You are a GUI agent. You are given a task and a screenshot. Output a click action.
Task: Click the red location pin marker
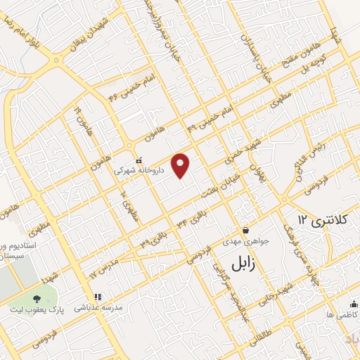pos(181,166)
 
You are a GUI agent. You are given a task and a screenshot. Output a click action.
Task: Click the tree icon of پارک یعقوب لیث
pos(37,300)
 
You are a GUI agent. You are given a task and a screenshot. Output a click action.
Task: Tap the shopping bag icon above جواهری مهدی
pos(245,230)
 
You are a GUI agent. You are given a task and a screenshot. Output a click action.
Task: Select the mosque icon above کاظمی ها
pos(353,304)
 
